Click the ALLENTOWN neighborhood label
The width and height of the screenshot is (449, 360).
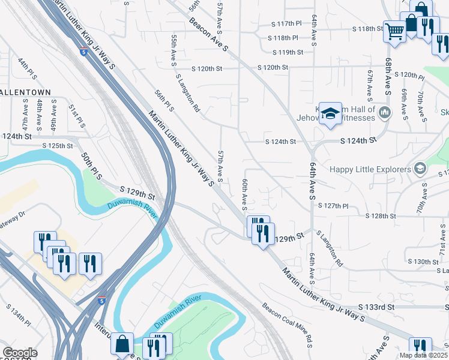click(x=25, y=92)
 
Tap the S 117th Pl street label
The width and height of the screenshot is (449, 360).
click(x=285, y=24)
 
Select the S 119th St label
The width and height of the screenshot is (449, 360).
click(x=286, y=52)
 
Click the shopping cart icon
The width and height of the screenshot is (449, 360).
click(x=394, y=30)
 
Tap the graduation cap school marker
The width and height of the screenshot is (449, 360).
click(x=330, y=113)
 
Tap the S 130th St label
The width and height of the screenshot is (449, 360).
click(x=423, y=262)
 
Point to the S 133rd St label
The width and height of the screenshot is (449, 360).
click(x=377, y=307)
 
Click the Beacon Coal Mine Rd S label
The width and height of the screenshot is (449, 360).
click(x=288, y=325)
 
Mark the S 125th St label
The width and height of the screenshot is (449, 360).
click(x=58, y=145)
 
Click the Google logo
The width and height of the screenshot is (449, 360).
click(x=20, y=353)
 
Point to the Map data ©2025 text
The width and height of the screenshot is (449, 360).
click(x=424, y=355)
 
